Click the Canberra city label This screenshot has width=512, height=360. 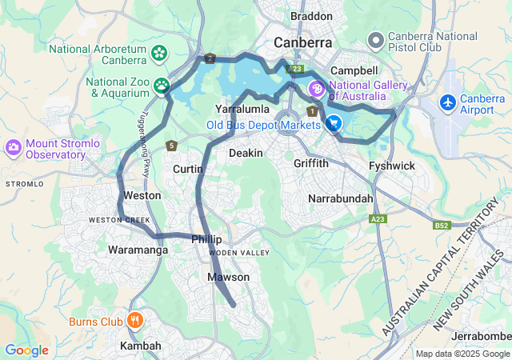304,42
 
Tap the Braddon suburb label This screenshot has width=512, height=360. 310,16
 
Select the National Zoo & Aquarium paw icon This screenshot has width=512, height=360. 162,84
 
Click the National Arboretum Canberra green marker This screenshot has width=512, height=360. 159,52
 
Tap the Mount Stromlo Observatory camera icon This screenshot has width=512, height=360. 13,146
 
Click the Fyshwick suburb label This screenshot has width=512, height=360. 390,166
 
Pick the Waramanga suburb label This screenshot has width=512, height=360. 138,250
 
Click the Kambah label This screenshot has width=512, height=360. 140,346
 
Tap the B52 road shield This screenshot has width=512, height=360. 441,226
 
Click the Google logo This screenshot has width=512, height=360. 26,350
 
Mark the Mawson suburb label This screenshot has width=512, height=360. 229,277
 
